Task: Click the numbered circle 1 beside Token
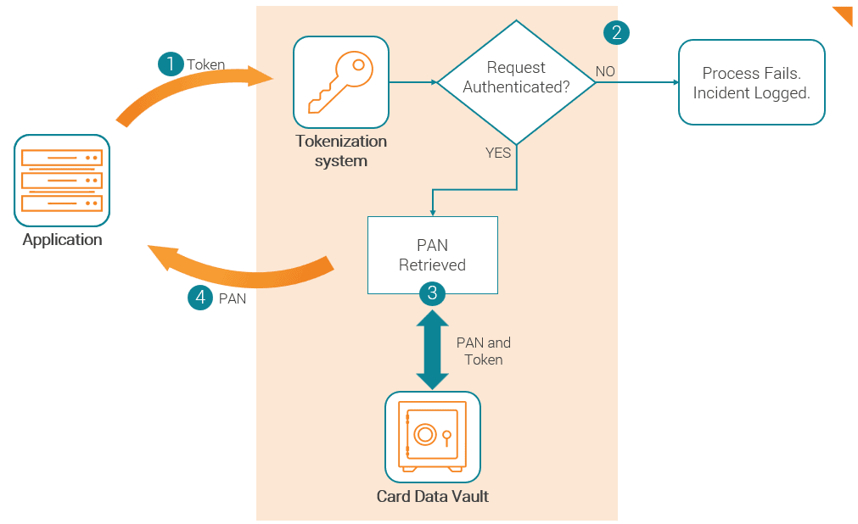click(x=171, y=64)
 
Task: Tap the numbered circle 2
click(x=616, y=32)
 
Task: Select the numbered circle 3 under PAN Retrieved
click(x=433, y=293)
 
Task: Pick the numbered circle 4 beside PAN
click(x=199, y=298)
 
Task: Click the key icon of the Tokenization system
click(x=340, y=82)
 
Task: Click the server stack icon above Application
click(x=62, y=180)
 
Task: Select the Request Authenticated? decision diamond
click(x=516, y=82)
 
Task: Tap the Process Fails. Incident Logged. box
click(x=751, y=83)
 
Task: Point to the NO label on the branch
click(x=605, y=72)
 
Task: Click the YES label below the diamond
click(x=498, y=153)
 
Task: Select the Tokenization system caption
click(x=340, y=151)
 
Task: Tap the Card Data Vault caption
click(x=432, y=496)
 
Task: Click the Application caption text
click(x=62, y=240)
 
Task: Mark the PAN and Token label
click(x=483, y=352)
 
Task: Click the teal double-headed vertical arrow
click(x=433, y=349)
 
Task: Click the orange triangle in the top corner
click(x=844, y=14)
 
